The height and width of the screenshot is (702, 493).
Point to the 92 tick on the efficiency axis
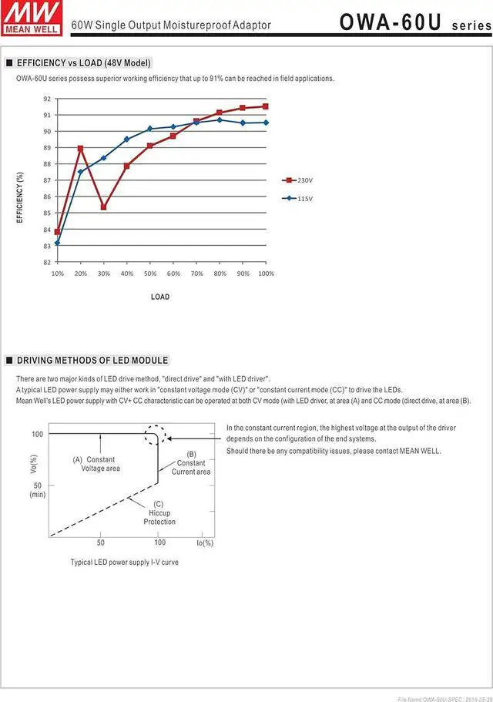(x=47, y=99)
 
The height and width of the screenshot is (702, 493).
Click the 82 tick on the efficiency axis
(x=47, y=262)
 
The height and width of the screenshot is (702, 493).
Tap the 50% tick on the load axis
(x=150, y=274)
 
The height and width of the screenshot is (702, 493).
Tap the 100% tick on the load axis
(x=266, y=274)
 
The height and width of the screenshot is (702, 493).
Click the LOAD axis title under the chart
(x=160, y=297)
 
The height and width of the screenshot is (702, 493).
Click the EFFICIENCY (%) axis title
(x=20, y=197)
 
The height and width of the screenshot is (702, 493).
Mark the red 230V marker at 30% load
(x=104, y=207)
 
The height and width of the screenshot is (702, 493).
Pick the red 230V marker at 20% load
(x=80, y=149)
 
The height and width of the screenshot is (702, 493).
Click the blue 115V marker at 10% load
(x=57, y=243)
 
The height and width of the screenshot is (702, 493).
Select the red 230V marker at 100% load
(x=266, y=106)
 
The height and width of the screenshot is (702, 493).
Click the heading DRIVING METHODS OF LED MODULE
(x=92, y=360)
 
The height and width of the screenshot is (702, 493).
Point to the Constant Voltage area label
(x=99, y=464)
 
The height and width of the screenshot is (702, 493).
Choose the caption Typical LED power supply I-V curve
(x=124, y=563)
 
